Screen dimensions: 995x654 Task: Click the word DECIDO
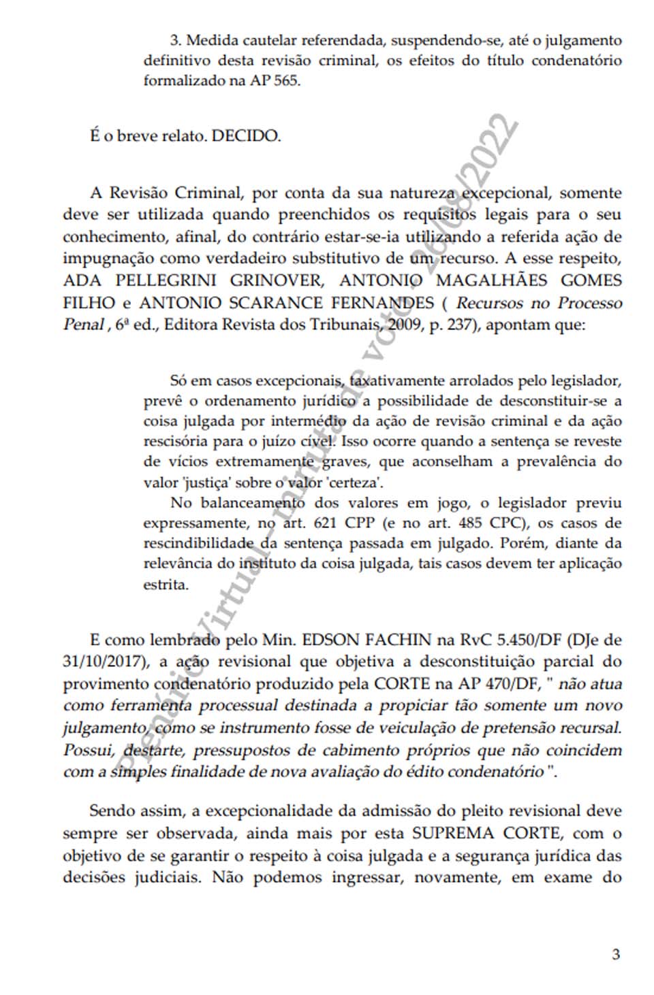246,135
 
